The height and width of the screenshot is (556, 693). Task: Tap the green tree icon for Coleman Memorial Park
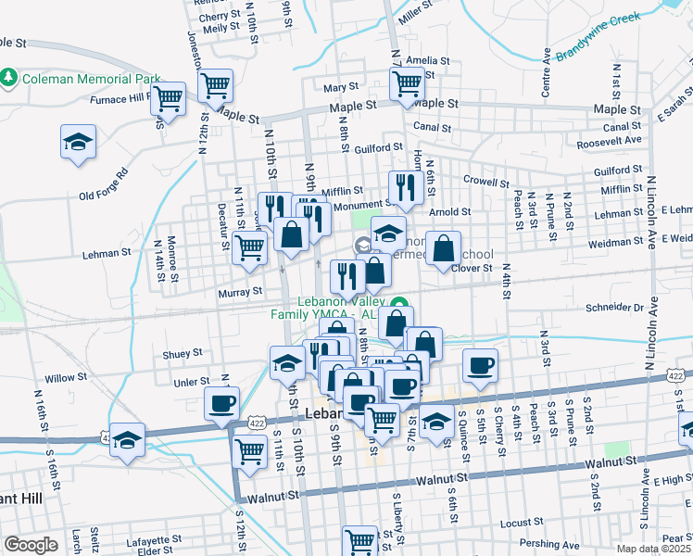(10, 76)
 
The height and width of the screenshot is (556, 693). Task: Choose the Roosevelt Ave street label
(609, 140)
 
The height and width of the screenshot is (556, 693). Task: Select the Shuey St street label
(182, 353)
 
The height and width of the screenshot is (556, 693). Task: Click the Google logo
(31, 545)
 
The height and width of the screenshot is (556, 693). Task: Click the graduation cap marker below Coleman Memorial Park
(79, 143)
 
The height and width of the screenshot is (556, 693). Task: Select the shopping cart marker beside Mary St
(407, 83)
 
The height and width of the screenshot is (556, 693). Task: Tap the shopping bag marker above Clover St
(445, 247)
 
